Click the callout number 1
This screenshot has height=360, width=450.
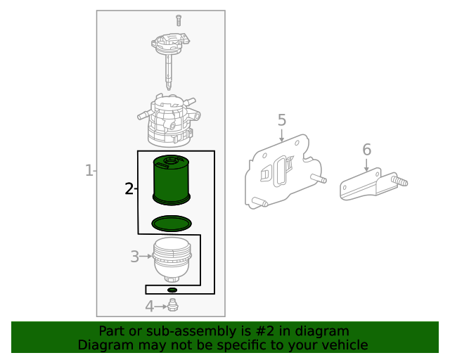pos(89,171)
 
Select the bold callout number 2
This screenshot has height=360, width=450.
pos(129,188)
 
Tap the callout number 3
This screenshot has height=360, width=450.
pos(134,257)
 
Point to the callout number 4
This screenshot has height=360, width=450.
pos(150,307)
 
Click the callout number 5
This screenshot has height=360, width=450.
pos(282,120)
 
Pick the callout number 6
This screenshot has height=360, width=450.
pos(367,150)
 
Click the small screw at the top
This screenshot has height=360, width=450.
pos(179,20)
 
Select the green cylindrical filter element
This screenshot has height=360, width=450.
pos(172,180)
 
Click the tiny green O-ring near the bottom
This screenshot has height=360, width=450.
pos(172,290)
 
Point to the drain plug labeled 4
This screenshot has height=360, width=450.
pos(173,305)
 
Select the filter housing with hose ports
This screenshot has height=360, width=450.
pos(169,120)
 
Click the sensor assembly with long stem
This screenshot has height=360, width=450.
pos(169,58)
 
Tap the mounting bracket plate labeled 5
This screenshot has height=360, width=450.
pos(284,172)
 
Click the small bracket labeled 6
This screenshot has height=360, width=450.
pos(373,184)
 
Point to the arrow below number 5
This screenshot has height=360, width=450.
pos(282,136)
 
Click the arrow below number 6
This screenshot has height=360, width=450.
pos(366,165)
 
